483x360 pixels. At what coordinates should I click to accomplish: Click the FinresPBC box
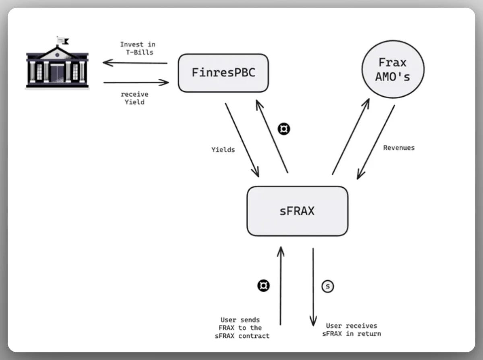tap(223, 73)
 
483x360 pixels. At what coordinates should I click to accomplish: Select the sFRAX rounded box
tap(297, 211)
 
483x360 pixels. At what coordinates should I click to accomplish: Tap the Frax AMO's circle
tap(392, 69)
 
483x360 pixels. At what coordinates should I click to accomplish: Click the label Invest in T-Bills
tap(137, 48)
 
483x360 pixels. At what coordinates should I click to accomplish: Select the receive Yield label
tap(134, 98)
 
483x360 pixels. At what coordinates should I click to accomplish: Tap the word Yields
tap(223, 149)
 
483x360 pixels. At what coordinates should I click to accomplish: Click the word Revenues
tap(398, 148)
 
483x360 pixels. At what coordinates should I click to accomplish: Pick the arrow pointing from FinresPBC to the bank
tap(135, 63)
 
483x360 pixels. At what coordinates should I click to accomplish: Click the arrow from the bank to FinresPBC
tap(136, 83)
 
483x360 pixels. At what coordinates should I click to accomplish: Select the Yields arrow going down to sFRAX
tap(242, 139)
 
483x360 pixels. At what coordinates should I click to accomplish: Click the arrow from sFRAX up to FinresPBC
tap(272, 137)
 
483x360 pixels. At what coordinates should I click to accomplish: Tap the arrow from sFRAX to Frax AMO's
tap(351, 137)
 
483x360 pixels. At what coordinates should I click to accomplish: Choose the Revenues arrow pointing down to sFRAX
tap(376, 142)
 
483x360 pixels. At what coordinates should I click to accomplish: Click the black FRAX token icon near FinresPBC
tap(284, 129)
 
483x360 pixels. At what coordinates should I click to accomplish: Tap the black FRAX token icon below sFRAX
tap(264, 286)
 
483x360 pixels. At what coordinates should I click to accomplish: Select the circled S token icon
tap(328, 286)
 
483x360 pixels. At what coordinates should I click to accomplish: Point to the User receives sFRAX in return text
tap(351, 330)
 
